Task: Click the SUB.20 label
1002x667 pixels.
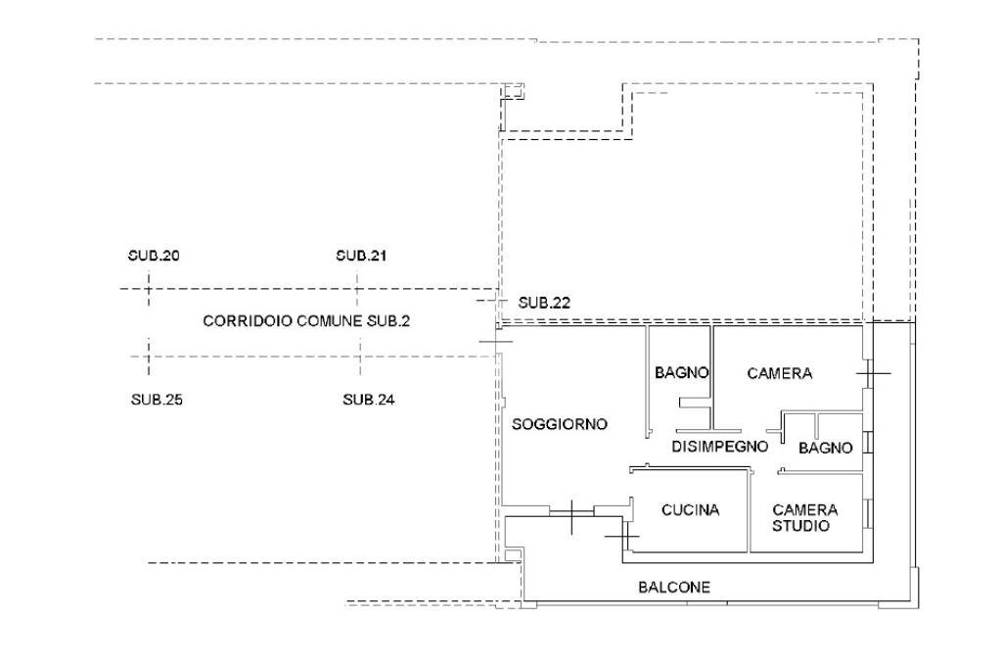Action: (154, 256)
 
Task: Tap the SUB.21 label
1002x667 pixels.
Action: (362, 256)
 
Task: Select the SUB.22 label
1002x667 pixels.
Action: (544, 303)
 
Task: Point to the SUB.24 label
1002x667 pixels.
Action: (369, 400)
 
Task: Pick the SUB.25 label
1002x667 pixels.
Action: (158, 400)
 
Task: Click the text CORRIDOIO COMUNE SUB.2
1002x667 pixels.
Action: (306, 321)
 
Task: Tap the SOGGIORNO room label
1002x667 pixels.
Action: (561, 424)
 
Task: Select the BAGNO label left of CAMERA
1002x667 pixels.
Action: (682, 373)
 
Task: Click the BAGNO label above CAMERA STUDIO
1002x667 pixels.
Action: (826, 448)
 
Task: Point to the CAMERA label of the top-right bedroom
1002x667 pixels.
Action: (780, 373)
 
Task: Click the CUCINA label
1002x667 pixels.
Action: (691, 510)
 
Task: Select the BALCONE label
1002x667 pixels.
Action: (674, 588)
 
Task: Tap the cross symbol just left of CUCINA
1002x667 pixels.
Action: (621, 536)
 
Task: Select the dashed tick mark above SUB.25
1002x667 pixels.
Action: (149, 357)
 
